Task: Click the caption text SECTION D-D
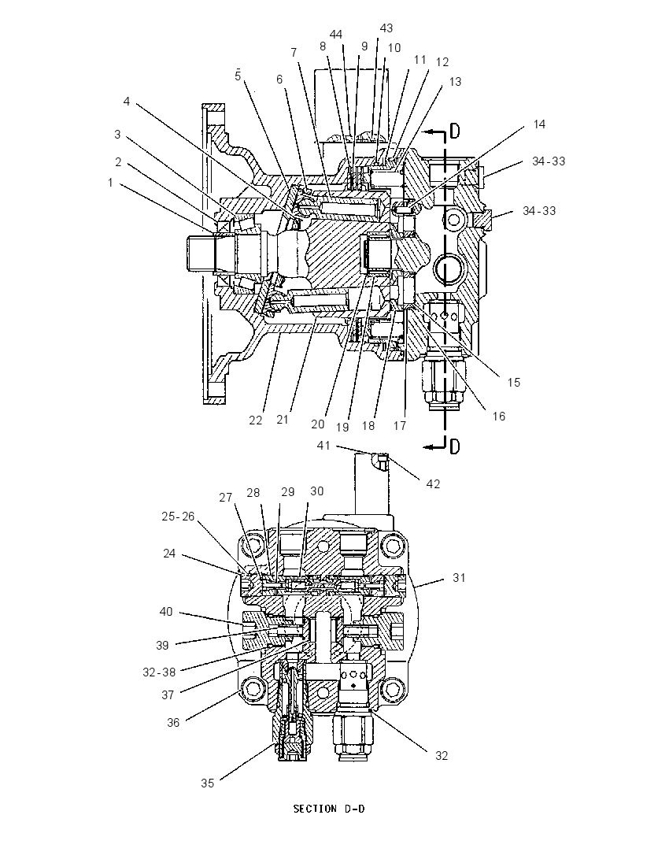(x=328, y=809)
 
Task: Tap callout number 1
(x=110, y=182)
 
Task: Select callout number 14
(x=539, y=124)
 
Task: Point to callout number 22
(x=256, y=420)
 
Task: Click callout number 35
(x=207, y=783)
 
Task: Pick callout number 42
(x=433, y=483)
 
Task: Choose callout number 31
(x=459, y=577)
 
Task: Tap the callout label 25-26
(x=178, y=517)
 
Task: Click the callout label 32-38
(x=159, y=672)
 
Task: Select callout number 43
(x=386, y=28)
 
